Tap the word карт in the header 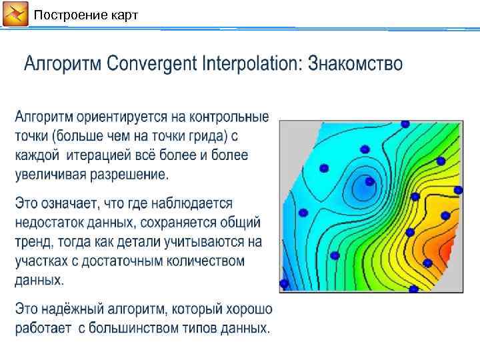pos(122,15)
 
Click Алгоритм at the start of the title pos(63,64)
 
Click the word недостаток pos(51,222)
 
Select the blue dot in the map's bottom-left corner pos(284,284)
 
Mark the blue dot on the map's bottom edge pos(413,289)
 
